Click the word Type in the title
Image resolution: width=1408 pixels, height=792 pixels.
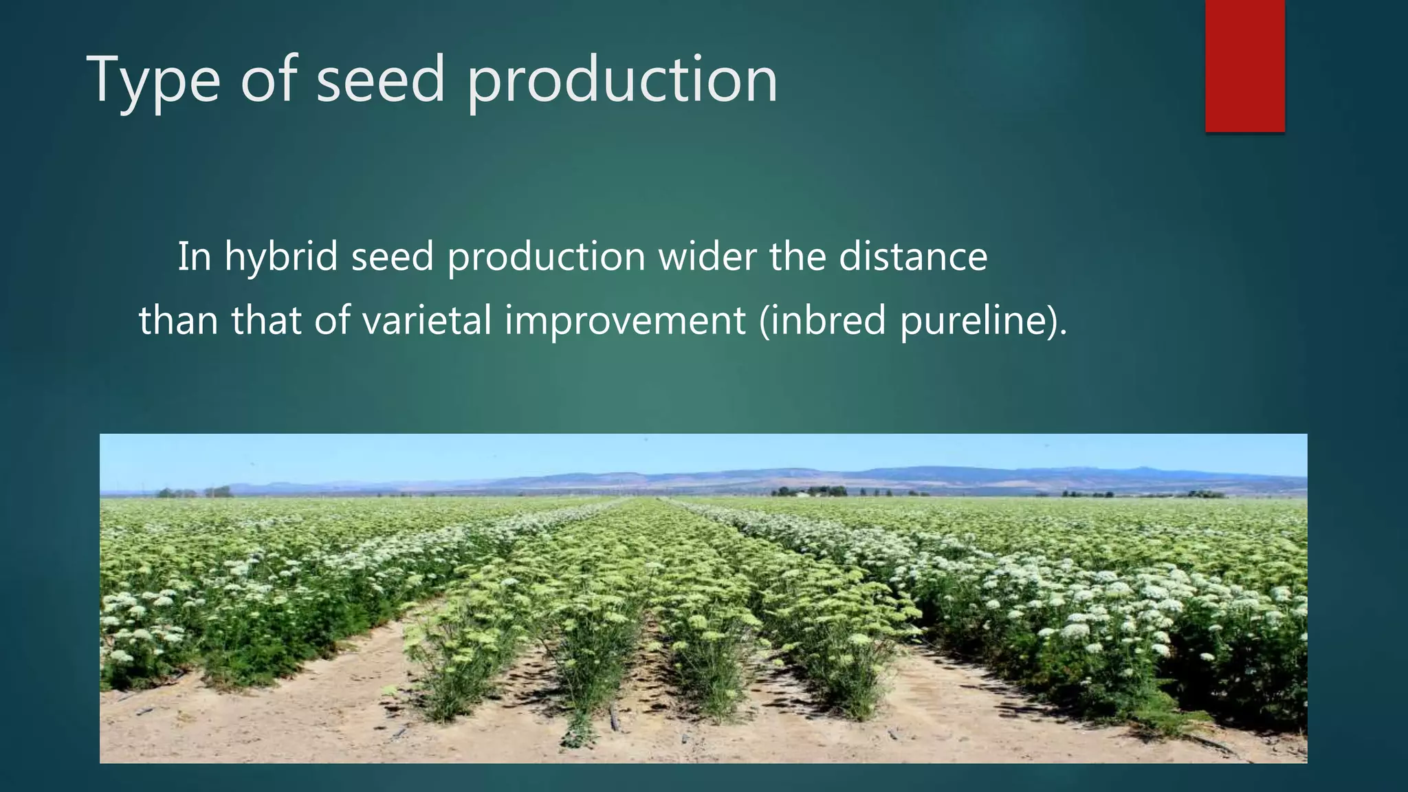point(153,81)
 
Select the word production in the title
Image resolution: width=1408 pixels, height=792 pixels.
point(621,81)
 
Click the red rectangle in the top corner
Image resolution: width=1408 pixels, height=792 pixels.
point(1244,66)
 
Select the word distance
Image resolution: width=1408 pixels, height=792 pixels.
point(913,256)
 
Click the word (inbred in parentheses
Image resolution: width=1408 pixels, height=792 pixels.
point(822,321)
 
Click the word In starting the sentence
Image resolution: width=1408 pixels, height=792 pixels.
point(195,256)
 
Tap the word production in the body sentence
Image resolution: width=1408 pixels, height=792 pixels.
point(546,258)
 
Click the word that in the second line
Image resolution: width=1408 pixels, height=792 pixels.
point(266,320)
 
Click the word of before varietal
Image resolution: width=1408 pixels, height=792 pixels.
point(331,320)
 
